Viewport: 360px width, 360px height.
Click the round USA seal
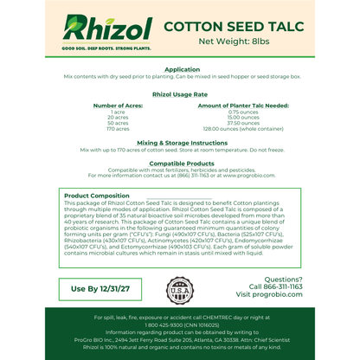coord(180,289)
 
